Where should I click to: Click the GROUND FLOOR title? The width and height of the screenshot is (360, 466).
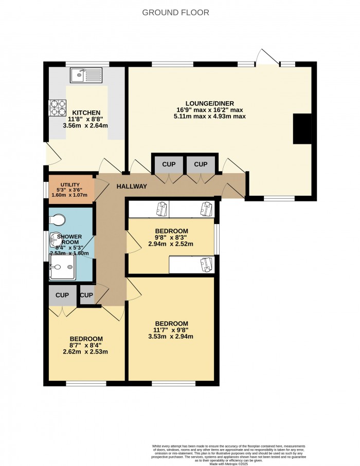pyautogui.click(x=175, y=13)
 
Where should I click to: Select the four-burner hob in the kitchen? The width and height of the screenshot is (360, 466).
pyautogui.click(x=58, y=106)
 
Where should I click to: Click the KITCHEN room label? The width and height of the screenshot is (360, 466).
pyautogui.click(x=86, y=113)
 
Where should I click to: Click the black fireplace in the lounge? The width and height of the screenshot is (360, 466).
pyautogui.click(x=302, y=128)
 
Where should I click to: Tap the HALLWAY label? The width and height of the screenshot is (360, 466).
pyautogui.click(x=132, y=187)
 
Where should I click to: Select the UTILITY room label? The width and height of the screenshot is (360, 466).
pyautogui.click(x=70, y=184)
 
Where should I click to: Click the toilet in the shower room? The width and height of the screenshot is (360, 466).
pyautogui.click(x=58, y=220)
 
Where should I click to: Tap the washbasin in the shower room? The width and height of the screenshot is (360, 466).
pyautogui.click(x=55, y=240)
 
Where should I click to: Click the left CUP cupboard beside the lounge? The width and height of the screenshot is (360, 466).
pyautogui.click(x=169, y=164)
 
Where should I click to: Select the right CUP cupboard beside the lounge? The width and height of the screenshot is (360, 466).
pyautogui.click(x=201, y=164)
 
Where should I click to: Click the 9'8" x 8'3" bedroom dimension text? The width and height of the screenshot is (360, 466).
pyautogui.click(x=171, y=238)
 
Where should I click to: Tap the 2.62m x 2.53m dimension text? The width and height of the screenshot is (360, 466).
pyautogui.click(x=86, y=352)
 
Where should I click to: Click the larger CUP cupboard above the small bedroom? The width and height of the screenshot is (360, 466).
pyautogui.click(x=62, y=295)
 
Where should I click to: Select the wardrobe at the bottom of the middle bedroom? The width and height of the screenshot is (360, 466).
pyautogui.click(x=191, y=265)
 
